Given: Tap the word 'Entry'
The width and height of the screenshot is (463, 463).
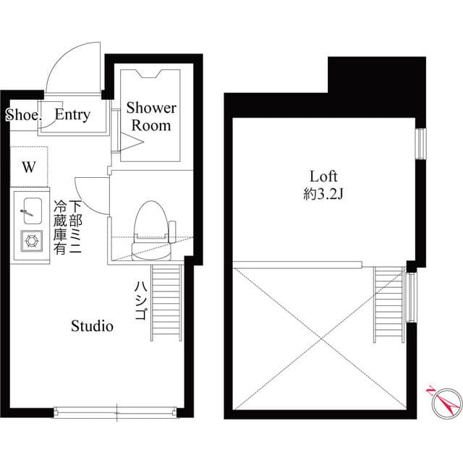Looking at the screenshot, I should (72, 115).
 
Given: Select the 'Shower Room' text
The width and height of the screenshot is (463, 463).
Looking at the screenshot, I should (151, 116).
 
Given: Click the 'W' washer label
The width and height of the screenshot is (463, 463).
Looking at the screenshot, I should (29, 167).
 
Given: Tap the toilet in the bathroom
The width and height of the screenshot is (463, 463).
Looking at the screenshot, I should (151, 229).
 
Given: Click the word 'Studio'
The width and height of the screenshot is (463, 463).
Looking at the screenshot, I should (92, 326).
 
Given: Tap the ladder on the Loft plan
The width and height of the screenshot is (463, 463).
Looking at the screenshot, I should (388, 305).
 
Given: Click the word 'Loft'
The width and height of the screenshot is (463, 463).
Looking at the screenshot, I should (323, 176).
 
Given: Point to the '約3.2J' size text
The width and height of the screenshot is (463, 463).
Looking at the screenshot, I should (323, 193).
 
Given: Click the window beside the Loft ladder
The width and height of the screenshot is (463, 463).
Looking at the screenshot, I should (410, 297).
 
